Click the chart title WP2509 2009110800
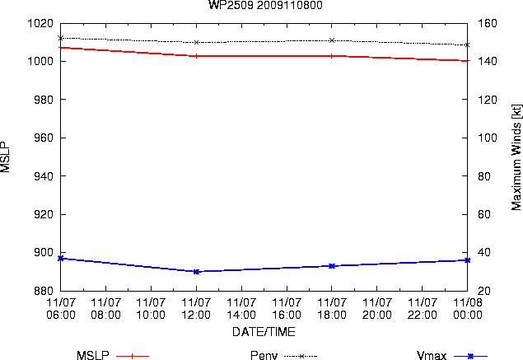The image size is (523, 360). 265,5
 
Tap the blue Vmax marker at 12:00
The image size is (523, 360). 197,272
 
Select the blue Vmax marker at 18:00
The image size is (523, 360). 332,266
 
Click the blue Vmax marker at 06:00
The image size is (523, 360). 61,258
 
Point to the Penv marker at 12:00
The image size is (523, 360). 197,42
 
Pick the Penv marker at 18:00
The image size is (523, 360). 332,40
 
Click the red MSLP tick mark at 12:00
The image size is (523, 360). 197,56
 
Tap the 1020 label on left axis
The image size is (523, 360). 40,23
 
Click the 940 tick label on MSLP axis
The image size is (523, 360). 44,176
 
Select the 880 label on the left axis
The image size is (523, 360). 44,291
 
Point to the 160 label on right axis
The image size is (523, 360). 488,23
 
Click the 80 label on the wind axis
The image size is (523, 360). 484,176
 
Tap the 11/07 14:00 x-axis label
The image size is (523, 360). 241,309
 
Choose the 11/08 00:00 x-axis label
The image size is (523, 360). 468,309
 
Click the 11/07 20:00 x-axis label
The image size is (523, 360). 377,309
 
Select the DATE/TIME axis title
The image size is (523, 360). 264,332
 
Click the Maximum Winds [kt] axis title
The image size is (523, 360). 516,157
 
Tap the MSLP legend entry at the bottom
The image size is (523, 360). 113,355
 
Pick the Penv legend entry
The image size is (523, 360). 283,355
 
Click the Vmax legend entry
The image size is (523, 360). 452,355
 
